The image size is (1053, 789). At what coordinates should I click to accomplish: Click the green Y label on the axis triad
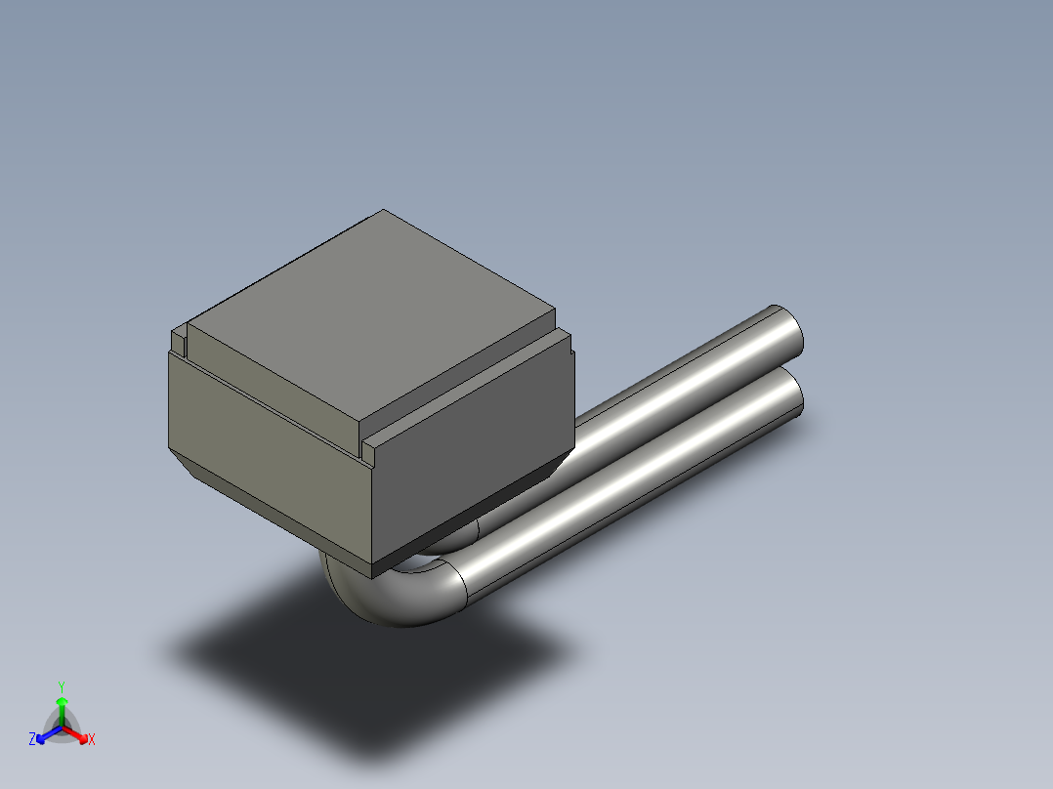coord(62,685)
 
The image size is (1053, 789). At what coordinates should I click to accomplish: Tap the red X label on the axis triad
coord(92,740)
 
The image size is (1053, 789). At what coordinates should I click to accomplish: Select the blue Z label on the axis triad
coord(32,740)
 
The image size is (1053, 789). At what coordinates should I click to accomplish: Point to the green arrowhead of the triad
coord(62,702)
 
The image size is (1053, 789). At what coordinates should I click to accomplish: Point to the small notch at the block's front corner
coord(368,450)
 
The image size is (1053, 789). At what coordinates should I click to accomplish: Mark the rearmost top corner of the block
coord(383,211)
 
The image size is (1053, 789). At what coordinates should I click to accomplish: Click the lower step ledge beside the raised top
coord(469,391)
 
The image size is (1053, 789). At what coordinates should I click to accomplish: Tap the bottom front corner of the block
coord(373,568)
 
